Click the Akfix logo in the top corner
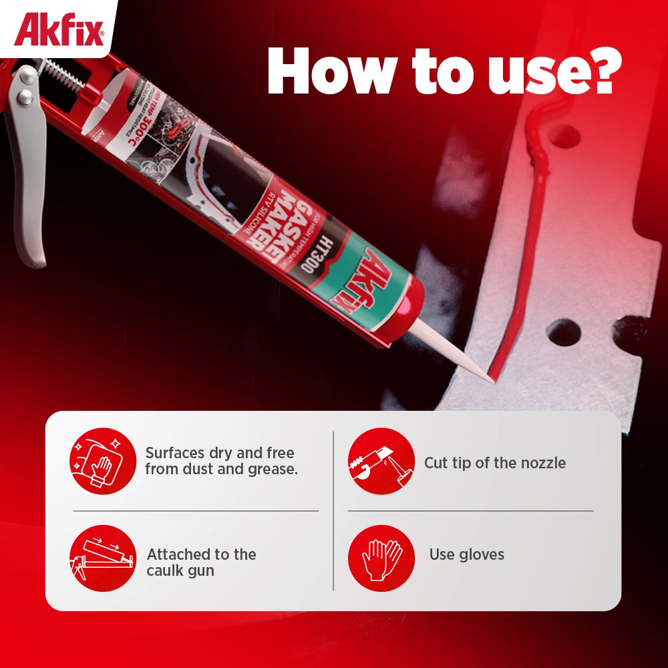59,31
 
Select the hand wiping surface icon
102,461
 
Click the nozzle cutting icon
381,461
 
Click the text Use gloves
466,554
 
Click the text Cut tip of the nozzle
494,463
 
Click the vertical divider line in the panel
333,511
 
